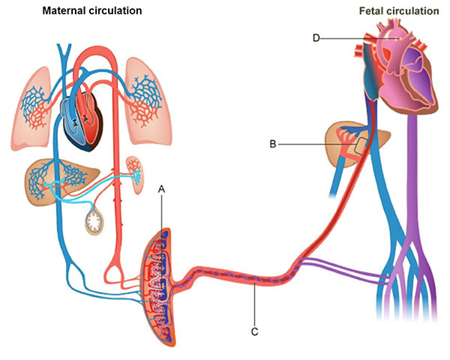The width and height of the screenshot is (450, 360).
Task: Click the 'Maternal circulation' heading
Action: point(93,12)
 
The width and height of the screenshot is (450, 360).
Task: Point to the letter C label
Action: point(255,331)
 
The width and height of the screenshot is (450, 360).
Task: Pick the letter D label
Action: point(316,37)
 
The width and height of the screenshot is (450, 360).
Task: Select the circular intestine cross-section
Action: point(96,220)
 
